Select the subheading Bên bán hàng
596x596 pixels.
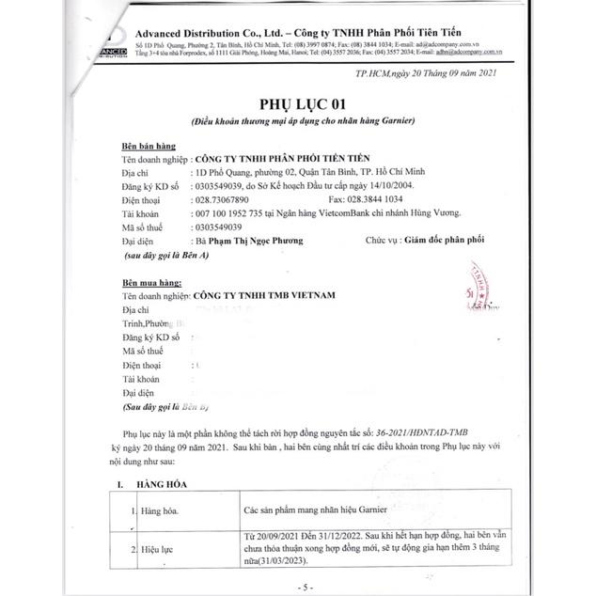coord(146,148)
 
